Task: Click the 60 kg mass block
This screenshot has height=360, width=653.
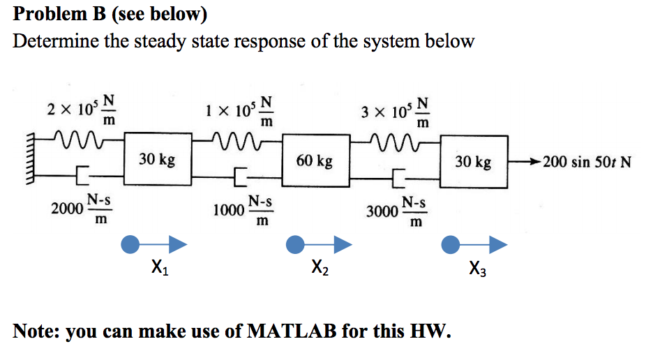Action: pos(314,161)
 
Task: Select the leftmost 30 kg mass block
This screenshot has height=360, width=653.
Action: pos(156,160)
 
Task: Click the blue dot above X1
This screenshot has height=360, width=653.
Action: pos(129,243)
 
